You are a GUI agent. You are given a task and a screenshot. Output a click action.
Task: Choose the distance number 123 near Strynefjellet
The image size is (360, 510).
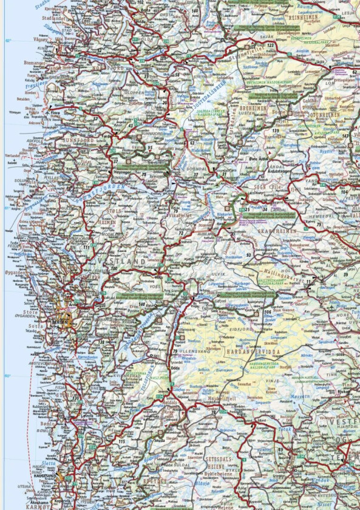pyautogui.click(x=271, y=46)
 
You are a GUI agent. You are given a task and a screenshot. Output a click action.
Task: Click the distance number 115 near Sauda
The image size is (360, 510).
pyautogui.click(x=122, y=440)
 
